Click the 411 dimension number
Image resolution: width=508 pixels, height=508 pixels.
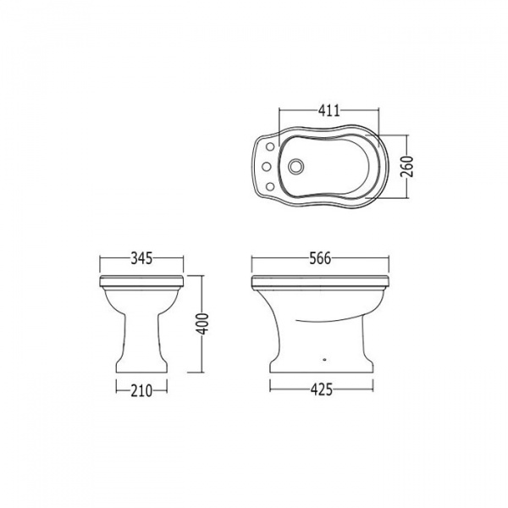point(329,111)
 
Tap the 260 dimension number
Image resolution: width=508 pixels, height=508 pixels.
point(407,166)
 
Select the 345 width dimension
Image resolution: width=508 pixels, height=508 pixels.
point(141,258)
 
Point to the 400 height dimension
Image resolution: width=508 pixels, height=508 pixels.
point(203,323)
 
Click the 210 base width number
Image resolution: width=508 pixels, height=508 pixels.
point(141,390)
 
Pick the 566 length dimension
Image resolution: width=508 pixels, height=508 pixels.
point(320,258)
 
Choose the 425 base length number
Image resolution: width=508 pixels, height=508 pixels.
point(322,389)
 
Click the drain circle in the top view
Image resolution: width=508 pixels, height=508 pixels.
point(295,166)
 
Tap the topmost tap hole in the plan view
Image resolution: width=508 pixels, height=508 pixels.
point(270,146)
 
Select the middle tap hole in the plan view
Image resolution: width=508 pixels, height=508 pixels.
point(267,167)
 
